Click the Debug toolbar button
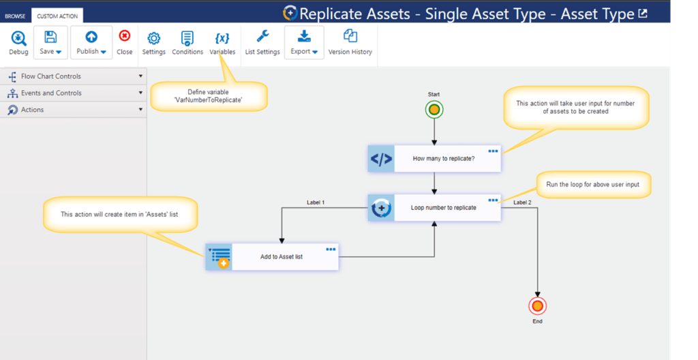18,43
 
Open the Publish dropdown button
91,42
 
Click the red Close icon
125,35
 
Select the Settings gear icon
153,38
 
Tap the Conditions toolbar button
187,43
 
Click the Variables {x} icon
222,38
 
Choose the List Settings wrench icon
262,35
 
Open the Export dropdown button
304,42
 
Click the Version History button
350,43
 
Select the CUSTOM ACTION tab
57,16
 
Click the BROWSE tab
15,16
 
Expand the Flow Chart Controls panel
74,76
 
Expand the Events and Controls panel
74,93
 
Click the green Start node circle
434,109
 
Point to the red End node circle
537,306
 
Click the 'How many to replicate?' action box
434,159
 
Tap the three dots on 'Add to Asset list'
331,250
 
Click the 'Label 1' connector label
316,202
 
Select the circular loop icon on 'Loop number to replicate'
382,208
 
